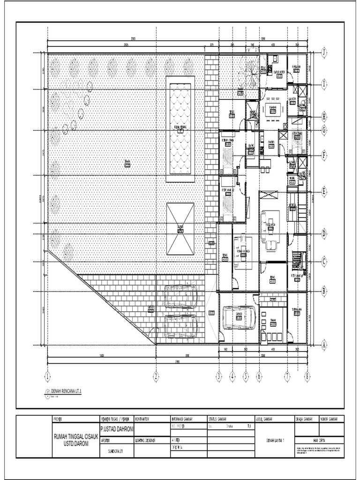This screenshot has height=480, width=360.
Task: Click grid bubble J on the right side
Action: pyautogui.click(x=323, y=53)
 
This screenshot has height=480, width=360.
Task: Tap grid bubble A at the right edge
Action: pyautogui.click(x=323, y=345)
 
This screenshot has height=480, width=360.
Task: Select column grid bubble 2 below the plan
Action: pyautogui.click(x=156, y=375)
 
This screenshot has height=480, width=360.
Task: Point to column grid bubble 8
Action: pyautogui.click(x=307, y=375)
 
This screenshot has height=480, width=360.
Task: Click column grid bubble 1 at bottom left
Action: pyautogui.click(x=47, y=375)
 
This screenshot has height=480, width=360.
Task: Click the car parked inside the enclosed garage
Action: pyautogui.click(x=239, y=317)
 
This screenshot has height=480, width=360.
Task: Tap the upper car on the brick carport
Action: pyautogui.click(x=180, y=297)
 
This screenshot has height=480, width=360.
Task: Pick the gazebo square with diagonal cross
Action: pyautogui.click(x=180, y=229)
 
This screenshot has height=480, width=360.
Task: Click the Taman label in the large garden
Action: pyautogui.click(x=127, y=161)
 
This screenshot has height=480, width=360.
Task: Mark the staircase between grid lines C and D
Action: pyautogui.click(x=296, y=260)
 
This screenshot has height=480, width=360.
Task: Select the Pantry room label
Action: pyautogui.click(x=271, y=142)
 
